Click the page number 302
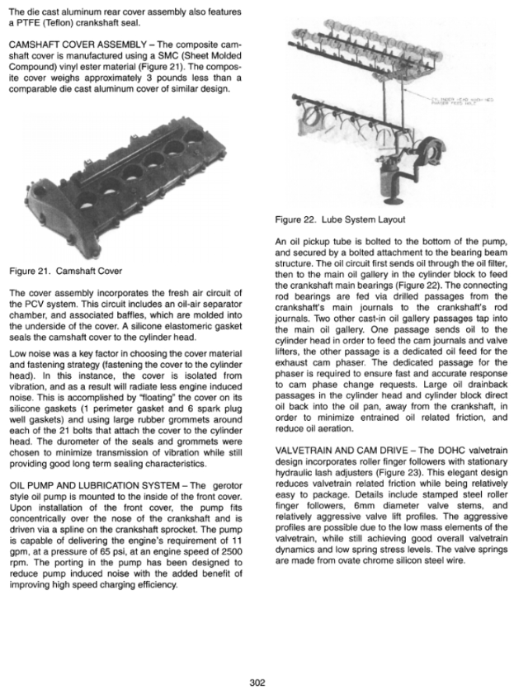pos(257,682)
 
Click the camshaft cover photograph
pos(132,183)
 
